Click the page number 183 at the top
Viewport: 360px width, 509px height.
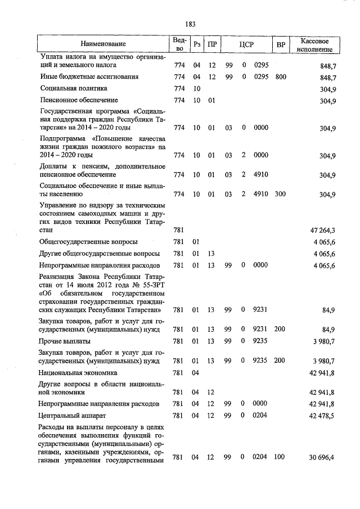coord(190,24)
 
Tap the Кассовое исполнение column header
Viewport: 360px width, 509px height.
coord(318,44)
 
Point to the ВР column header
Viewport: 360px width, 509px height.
coord(281,44)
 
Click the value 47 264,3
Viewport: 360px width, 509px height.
coord(322,230)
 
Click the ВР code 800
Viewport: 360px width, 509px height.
coord(281,76)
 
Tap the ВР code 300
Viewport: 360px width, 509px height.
coord(281,195)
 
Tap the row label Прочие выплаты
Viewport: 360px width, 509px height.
coord(65,341)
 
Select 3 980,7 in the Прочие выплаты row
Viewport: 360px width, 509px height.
coord(323,341)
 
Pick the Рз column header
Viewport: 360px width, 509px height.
coord(196,44)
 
